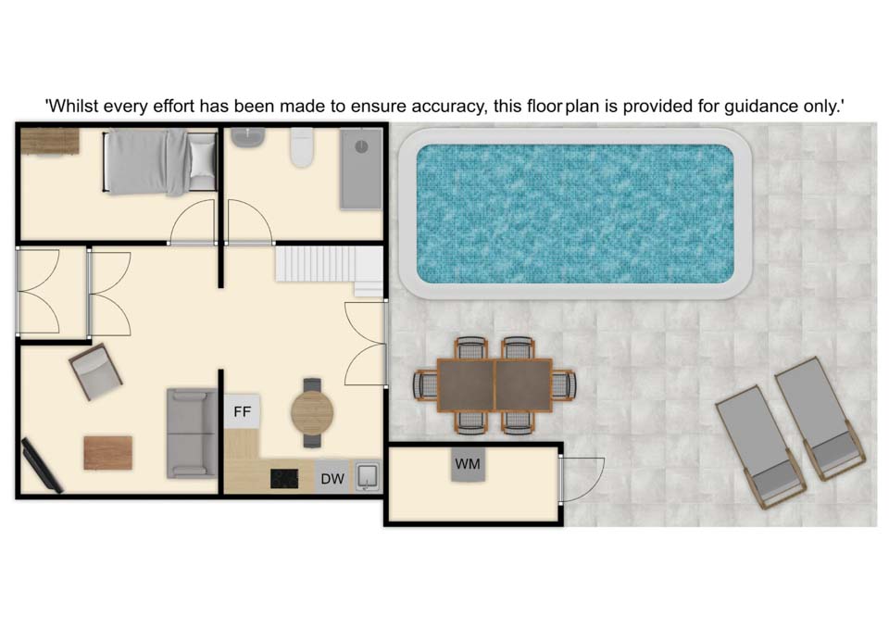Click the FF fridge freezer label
point(242,411)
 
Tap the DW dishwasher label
point(332,479)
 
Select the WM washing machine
point(468,464)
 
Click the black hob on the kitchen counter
point(284,478)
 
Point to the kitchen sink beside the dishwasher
point(367,476)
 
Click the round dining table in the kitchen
point(312,413)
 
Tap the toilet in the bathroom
point(302,147)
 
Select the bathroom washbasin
point(248,138)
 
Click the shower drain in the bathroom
point(361,146)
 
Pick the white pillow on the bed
point(202,158)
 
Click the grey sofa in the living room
point(191,434)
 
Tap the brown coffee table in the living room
point(107,453)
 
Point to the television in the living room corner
point(42,465)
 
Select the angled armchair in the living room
point(95,371)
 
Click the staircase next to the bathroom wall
point(329,268)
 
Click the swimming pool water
point(575,214)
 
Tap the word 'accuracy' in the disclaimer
point(446,107)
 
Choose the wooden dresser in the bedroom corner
point(50,141)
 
